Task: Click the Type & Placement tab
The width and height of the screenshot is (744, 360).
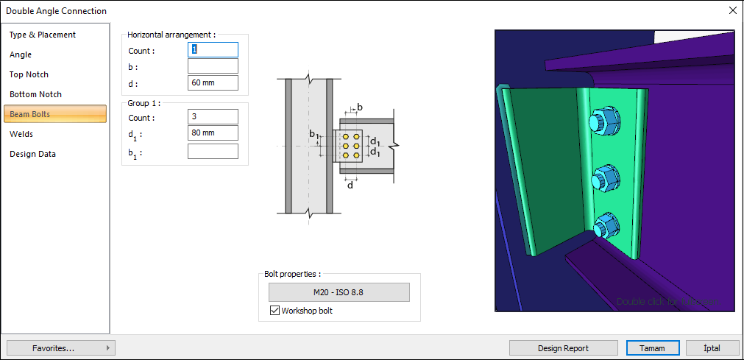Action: [43, 35]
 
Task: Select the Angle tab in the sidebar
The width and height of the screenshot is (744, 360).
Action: [21, 54]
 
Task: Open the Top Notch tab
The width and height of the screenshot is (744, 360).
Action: [29, 74]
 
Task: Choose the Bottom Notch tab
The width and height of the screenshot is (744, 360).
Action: [35, 94]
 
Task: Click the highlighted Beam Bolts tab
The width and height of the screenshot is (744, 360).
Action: [55, 114]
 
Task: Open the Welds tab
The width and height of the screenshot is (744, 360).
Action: [21, 134]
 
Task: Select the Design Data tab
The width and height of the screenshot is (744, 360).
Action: [32, 154]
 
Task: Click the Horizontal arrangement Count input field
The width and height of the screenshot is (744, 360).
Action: [213, 49]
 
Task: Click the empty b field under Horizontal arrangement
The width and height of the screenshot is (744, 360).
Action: [213, 66]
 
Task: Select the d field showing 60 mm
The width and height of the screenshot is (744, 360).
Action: [213, 82]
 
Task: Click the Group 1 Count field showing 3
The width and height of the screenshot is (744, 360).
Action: [213, 117]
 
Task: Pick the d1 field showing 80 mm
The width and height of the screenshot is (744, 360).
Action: [213, 133]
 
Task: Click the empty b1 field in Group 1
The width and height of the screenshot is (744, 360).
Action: [213, 152]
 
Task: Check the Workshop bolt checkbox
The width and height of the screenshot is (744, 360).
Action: [275, 311]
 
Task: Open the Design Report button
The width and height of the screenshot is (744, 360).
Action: [563, 348]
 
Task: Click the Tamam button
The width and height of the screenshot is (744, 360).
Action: [652, 348]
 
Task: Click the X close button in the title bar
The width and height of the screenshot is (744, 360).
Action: [732, 10]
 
